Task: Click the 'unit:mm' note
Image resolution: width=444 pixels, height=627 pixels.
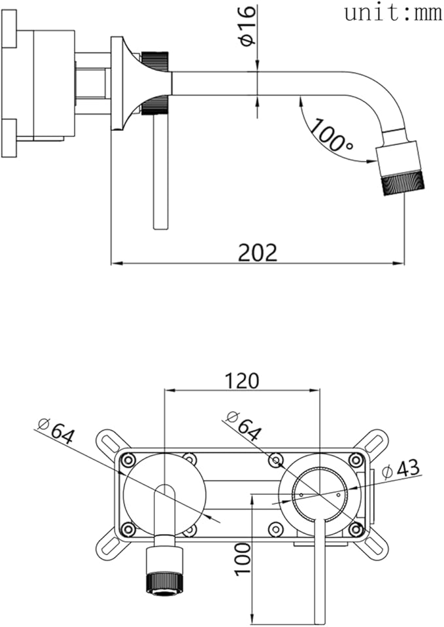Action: pos(393,13)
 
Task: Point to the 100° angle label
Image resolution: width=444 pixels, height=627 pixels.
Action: pos(332,135)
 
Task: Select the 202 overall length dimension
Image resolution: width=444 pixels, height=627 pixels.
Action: pos(258,253)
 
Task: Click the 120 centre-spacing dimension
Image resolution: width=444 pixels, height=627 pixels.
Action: pos(242,381)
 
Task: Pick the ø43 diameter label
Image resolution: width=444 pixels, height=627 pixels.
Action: pos(401,468)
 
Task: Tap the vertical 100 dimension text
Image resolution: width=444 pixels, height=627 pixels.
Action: pos(243,559)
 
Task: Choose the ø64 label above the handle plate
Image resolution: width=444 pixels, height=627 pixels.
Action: pos(244,425)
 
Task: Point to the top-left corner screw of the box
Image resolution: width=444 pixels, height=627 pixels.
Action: pos(128,460)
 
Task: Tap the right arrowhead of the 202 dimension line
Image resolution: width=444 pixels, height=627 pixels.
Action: pos(399,263)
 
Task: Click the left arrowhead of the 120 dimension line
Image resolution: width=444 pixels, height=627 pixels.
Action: pos(170,389)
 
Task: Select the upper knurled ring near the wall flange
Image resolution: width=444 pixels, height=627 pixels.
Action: pos(155,62)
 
